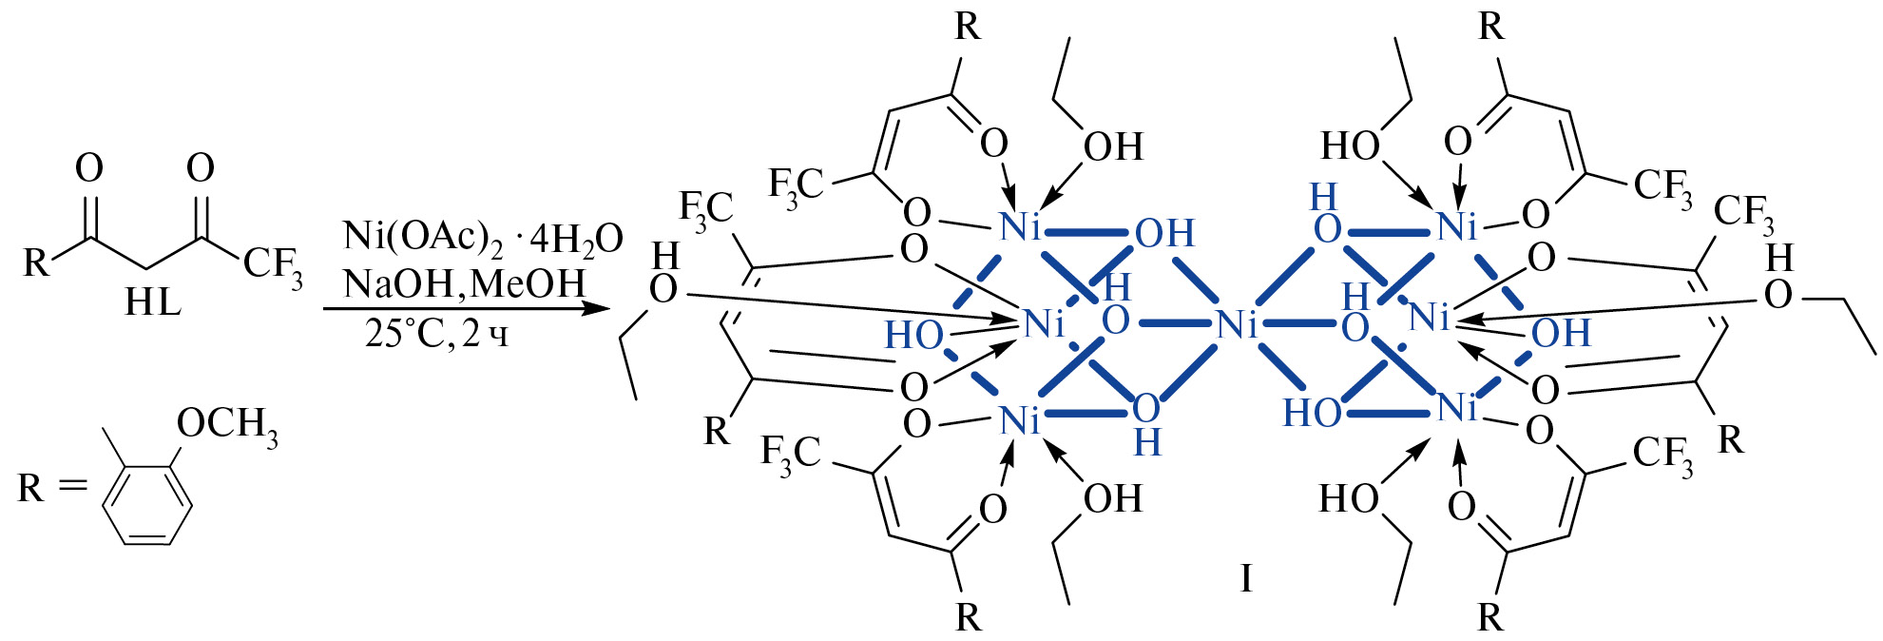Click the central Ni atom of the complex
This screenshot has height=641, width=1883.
pyautogui.click(x=1237, y=325)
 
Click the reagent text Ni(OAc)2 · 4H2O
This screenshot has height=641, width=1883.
pyautogui.click(x=483, y=238)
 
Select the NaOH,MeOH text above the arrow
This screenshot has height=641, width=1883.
pyautogui.click(x=465, y=283)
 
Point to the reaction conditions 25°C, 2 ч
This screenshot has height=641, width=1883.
pyautogui.click(x=437, y=334)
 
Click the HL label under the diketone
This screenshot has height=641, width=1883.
pyautogui.click(x=152, y=302)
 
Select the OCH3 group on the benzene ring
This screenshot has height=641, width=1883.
pyautogui.click(x=228, y=424)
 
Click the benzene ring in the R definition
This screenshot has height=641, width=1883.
pyautogui.click(x=147, y=504)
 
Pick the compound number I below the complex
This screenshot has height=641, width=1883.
pyautogui.click(x=1246, y=577)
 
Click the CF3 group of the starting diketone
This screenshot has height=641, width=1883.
pyautogui.click(x=273, y=264)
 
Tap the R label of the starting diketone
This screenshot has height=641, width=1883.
pyautogui.click(x=36, y=262)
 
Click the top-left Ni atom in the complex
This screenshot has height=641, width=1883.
pyautogui.click(x=1020, y=226)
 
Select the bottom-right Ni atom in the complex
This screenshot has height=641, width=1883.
pyautogui.click(x=1457, y=408)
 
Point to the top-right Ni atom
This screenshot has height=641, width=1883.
pyautogui.click(x=1457, y=226)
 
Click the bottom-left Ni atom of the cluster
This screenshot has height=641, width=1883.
pyautogui.click(x=1020, y=419)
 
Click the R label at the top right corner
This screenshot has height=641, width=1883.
pyautogui.click(x=1491, y=27)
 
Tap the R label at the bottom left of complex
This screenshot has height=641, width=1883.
pyautogui.click(x=717, y=431)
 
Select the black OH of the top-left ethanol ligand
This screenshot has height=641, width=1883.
pyautogui.click(x=1113, y=147)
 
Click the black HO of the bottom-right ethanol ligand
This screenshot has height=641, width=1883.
pyautogui.click(x=1349, y=498)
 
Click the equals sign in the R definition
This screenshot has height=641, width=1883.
pyautogui.click(x=72, y=486)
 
